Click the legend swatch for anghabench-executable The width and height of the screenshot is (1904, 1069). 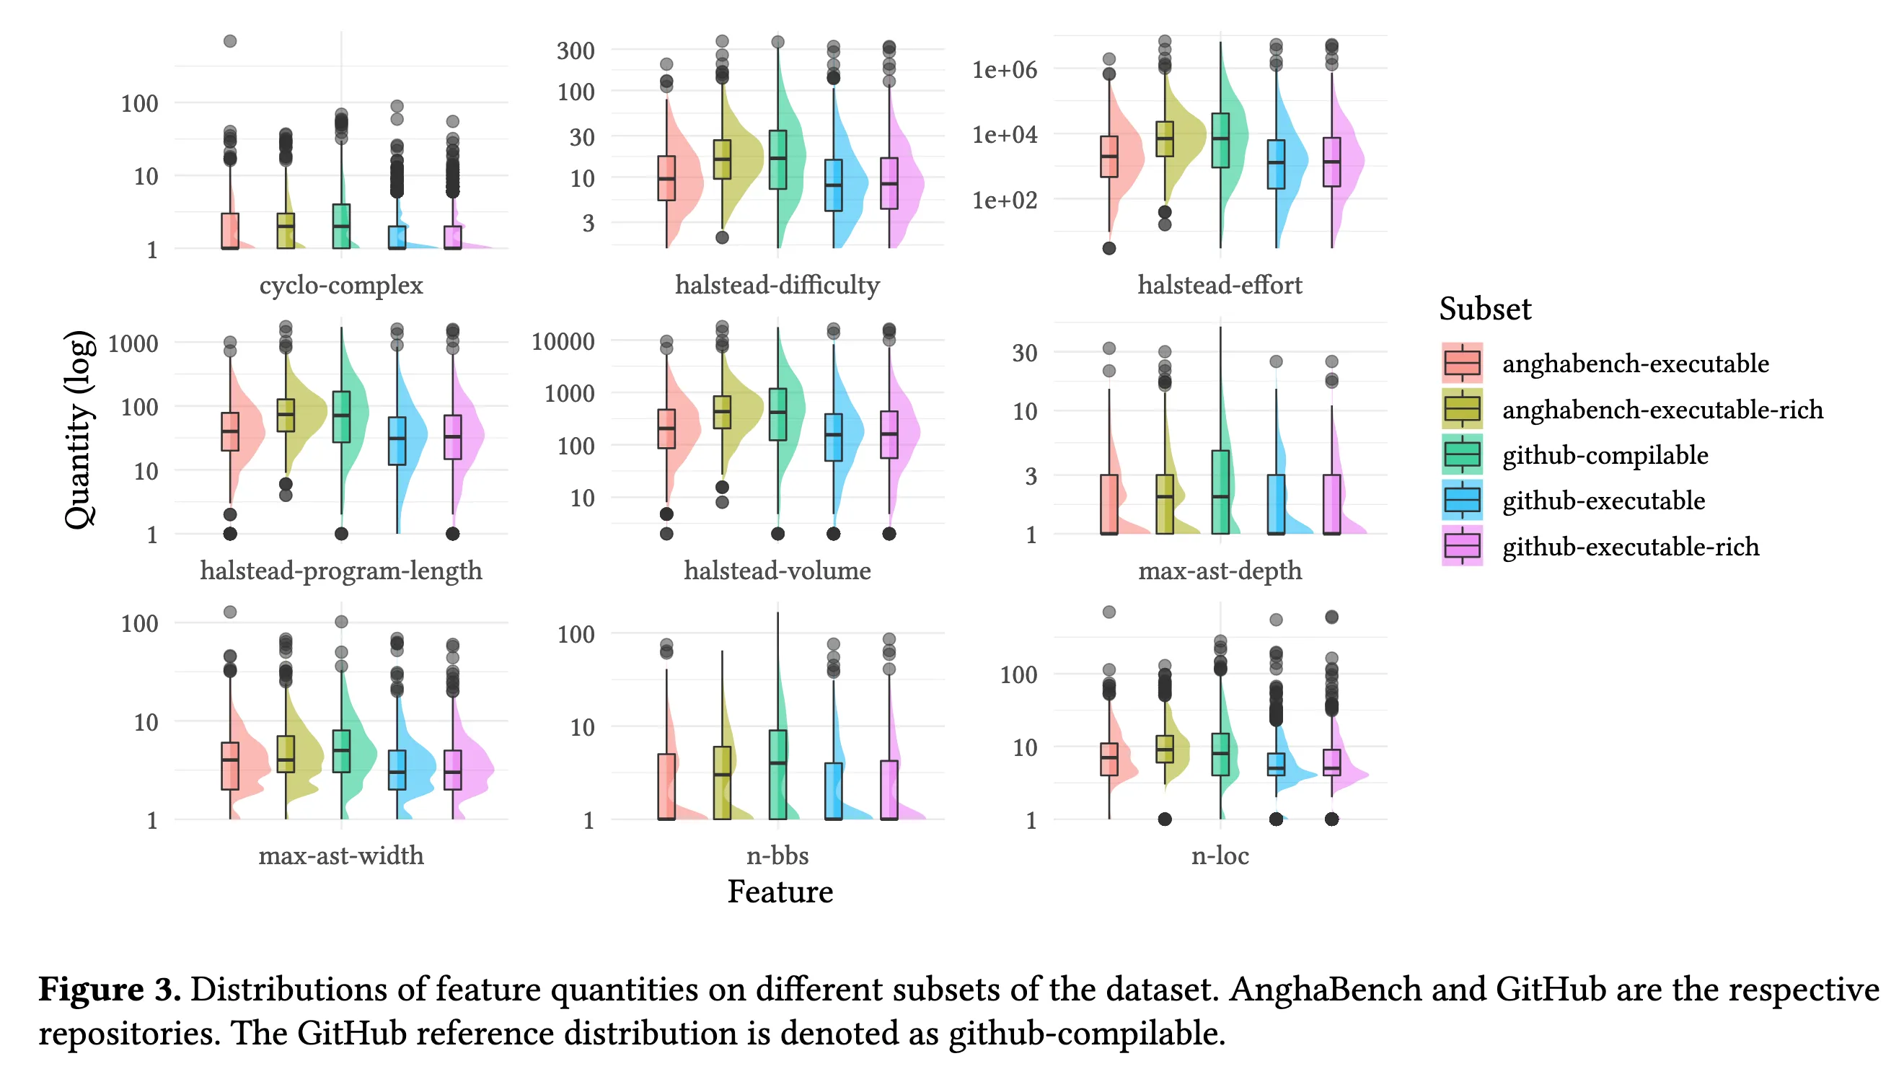[x=1461, y=363]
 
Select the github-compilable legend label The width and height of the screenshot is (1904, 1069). [x=1605, y=454]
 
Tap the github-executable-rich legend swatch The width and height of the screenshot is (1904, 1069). [x=1461, y=546]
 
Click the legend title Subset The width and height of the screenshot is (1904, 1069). [x=1484, y=308]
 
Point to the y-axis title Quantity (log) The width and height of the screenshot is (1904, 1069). [x=79, y=428]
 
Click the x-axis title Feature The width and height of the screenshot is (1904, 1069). [x=780, y=892]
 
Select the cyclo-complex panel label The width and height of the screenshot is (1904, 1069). [x=340, y=285]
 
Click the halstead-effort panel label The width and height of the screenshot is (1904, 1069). [x=1220, y=285]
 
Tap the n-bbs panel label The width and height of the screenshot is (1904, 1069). [x=777, y=855]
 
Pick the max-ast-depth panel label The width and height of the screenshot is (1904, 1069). [x=1220, y=570]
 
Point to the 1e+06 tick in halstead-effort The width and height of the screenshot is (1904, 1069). [x=1005, y=69]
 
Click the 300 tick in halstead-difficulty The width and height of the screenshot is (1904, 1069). [x=575, y=51]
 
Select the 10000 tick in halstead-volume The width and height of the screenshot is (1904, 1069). [x=563, y=342]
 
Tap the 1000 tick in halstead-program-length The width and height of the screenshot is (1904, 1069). [x=133, y=343]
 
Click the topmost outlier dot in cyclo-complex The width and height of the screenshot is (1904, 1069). [x=230, y=41]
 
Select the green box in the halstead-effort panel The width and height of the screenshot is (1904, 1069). [x=1220, y=141]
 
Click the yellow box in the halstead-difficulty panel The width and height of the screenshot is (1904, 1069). [x=722, y=159]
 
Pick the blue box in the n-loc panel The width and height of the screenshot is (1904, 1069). [x=1276, y=765]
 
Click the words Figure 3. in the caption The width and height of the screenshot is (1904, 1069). [x=110, y=989]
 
